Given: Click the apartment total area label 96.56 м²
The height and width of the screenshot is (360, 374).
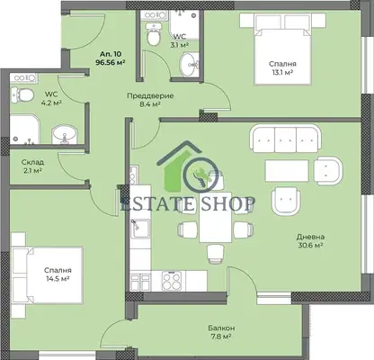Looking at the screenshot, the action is tap(110, 62).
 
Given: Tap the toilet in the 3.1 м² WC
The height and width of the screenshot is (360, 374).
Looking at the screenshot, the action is tap(154, 35).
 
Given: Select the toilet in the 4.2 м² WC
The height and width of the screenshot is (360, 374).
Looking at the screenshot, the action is tap(22, 94).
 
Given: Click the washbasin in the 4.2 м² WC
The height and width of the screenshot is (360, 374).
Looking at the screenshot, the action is tap(65, 134).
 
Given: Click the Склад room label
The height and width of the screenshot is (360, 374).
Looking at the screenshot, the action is tap(32, 162).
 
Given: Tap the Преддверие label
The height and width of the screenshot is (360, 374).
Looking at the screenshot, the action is tap(150, 96).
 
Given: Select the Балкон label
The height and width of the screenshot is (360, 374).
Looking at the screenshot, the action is tap(221, 328).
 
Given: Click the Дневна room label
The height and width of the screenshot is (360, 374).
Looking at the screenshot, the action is tap(310, 237).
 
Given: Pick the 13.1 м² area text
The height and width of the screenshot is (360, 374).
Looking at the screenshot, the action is tap(282, 72).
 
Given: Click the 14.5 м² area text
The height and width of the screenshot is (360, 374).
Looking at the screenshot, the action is tap(58, 279).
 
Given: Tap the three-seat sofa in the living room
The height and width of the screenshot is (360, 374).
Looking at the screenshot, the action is tap(285, 139).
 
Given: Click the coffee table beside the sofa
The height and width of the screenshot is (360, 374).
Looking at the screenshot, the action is tap(287, 170).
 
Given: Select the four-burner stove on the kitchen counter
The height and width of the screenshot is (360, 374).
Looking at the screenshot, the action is tap(172, 281).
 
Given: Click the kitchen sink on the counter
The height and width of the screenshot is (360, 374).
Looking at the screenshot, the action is tap(140, 229).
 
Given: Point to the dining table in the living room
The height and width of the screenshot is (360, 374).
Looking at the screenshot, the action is tap(216, 217).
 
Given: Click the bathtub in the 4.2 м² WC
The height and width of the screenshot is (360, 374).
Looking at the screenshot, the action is tap(25, 130).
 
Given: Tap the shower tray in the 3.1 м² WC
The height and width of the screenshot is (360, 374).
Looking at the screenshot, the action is tap(184, 24).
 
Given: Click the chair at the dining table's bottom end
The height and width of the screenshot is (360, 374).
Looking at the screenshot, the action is tap(215, 255).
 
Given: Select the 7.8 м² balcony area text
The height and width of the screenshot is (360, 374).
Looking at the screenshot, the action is tap(220, 337).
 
